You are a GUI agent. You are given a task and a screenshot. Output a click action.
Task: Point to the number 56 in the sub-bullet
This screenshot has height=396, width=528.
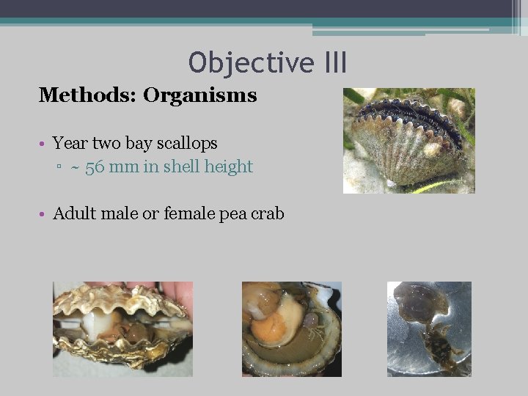pyautogui.click(x=95, y=167)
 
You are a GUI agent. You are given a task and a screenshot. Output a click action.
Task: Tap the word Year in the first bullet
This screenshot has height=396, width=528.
pyautogui.click(x=70, y=143)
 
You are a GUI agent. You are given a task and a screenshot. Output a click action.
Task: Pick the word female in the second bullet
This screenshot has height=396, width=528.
pyautogui.click(x=188, y=214)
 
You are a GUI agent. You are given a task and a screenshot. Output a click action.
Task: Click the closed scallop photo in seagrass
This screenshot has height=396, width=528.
pyautogui.click(x=408, y=141)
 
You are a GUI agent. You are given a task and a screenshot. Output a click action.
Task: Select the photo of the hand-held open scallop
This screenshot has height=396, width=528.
pyautogui.click(x=122, y=329)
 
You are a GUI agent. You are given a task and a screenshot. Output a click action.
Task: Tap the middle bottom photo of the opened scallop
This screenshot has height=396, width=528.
pyautogui.click(x=291, y=329)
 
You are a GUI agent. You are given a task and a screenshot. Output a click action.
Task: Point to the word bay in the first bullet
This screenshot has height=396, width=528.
pyautogui.click(x=139, y=144)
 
